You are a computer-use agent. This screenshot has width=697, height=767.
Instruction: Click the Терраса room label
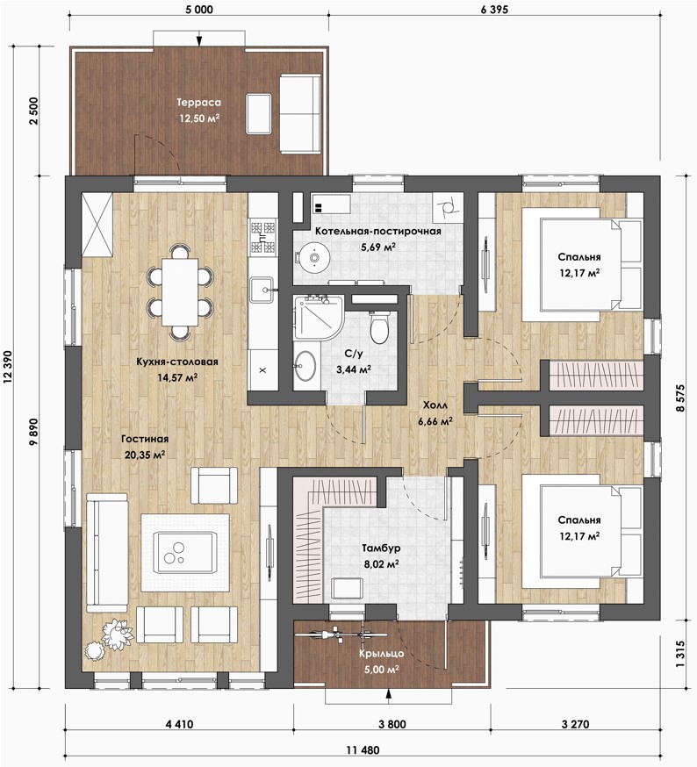click(198, 102)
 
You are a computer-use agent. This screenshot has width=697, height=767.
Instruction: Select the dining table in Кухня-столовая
click(180, 292)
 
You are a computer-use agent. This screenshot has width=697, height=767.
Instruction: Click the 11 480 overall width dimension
click(363, 749)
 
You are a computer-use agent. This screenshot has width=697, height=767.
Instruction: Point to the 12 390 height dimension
click(8, 368)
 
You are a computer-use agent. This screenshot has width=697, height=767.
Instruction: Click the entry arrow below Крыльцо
click(389, 696)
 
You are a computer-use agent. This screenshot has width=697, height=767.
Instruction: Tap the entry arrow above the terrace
click(198, 38)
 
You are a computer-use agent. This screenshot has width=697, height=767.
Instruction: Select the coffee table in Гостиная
click(185, 552)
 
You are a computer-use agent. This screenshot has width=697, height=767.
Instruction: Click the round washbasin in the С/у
click(305, 365)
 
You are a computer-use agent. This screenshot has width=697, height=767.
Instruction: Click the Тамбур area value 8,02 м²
click(381, 563)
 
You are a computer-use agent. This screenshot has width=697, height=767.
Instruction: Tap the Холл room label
click(435, 405)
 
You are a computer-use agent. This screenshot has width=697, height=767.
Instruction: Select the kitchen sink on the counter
click(262, 290)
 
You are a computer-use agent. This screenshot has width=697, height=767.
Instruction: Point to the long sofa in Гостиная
click(107, 553)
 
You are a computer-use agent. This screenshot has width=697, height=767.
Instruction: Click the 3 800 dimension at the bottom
click(392, 724)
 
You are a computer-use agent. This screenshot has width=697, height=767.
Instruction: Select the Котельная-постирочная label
click(377, 231)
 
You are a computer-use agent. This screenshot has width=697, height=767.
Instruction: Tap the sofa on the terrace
click(300, 114)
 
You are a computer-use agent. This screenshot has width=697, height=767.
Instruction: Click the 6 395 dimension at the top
click(494, 10)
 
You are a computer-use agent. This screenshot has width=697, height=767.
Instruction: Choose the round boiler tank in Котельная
click(313, 257)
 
